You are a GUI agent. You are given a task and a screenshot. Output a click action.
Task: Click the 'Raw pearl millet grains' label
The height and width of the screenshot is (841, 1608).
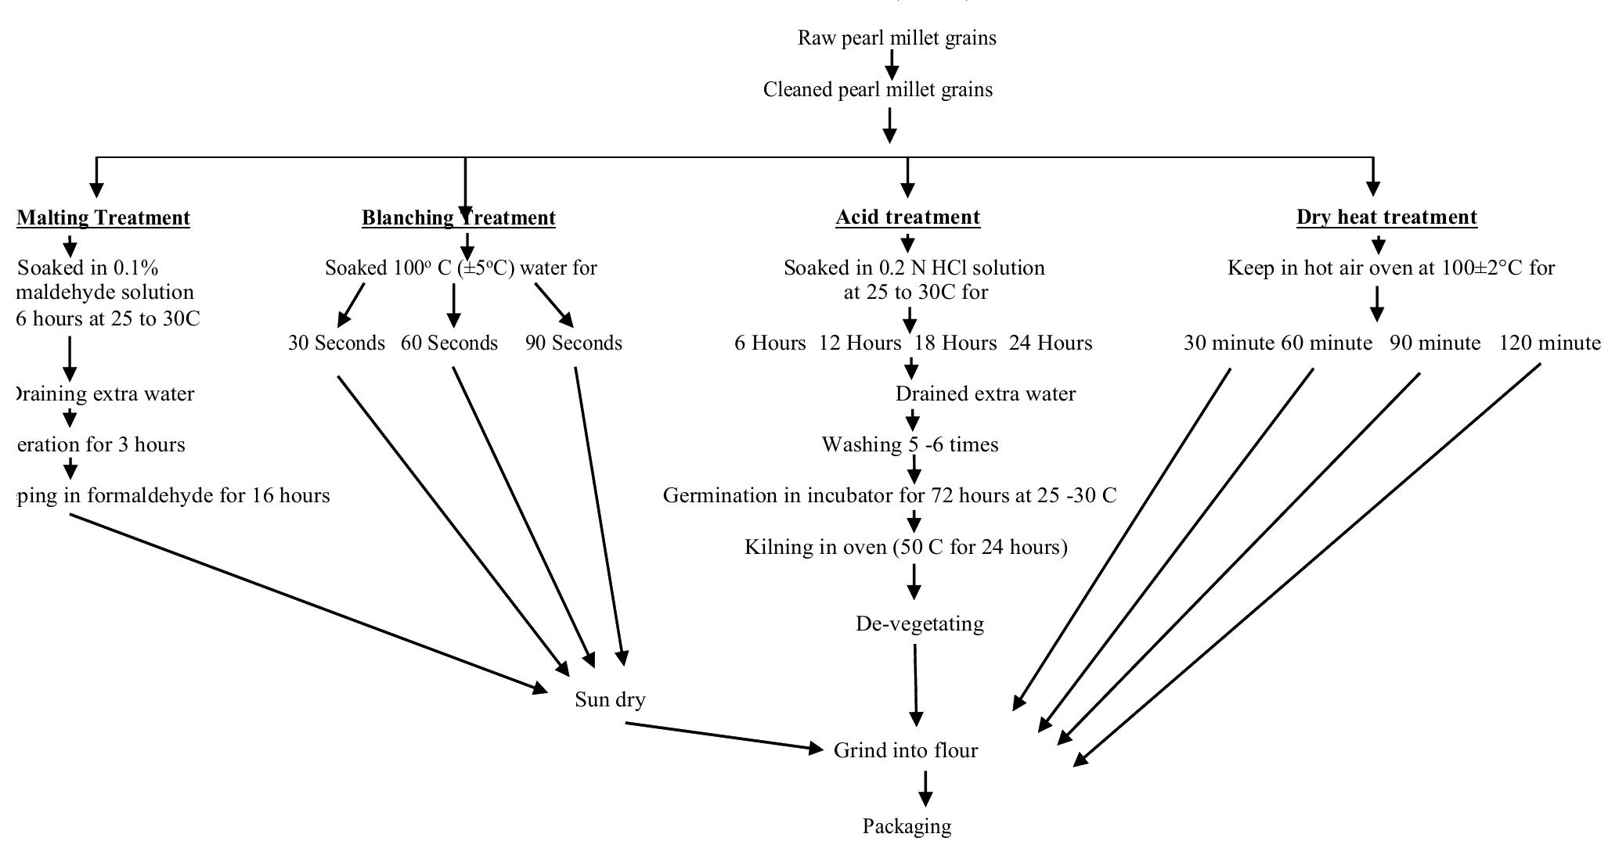(x=896, y=38)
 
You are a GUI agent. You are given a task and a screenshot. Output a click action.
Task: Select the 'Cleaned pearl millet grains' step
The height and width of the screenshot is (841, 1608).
(x=878, y=90)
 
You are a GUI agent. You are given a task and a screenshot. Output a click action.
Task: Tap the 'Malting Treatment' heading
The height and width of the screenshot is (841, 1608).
(x=103, y=217)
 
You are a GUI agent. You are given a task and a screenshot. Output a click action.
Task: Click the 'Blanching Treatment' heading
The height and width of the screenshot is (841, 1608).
(x=459, y=217)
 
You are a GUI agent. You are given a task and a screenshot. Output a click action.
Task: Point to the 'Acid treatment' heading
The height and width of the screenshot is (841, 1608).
(x=907, y=217)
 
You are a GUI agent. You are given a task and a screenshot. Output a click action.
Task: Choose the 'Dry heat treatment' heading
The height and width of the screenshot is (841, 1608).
(x=1386, y=217)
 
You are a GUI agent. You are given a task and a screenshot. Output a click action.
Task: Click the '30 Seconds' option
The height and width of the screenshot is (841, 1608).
(x=337, y=343)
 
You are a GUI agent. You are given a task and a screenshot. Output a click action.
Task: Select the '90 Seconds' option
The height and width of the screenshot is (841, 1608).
(x=574, y=343)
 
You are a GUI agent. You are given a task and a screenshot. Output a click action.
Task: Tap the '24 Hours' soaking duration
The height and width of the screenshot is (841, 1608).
(x=1050, y=343)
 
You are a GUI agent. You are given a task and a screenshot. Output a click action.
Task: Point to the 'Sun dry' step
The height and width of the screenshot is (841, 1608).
(x=610, y=699)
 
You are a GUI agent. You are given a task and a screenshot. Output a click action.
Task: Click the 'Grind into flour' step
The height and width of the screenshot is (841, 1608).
(x=906, y=751)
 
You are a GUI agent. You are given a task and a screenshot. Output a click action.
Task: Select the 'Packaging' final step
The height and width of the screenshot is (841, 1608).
(x=907, y=826)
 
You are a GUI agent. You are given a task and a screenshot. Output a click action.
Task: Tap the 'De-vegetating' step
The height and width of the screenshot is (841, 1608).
(x=919, y=624)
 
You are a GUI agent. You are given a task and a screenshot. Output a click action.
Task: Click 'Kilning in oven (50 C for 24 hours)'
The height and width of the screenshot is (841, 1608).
(x=906, y=547)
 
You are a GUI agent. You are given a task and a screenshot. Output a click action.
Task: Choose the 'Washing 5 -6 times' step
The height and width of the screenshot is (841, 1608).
(x=910, y=445)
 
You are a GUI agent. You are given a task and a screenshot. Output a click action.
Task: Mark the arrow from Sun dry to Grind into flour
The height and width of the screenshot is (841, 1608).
(x=720, y=736)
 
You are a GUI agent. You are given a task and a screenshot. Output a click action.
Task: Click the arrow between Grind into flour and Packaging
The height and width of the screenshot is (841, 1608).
(x=925, y=787)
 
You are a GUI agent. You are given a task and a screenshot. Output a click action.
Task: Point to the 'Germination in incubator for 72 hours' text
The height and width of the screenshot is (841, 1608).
(x=889, y=496)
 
